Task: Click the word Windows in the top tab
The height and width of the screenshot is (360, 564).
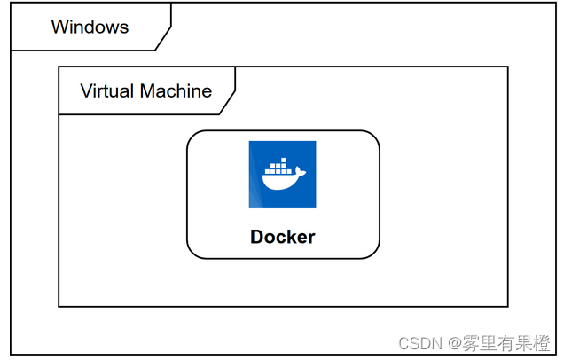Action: (x=90, y=27)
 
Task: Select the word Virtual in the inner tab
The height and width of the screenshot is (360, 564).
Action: (x=106, y=90)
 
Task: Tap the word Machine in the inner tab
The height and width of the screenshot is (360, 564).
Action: (x=175, y=90)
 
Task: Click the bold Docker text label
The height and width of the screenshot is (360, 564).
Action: (x=282, y=237)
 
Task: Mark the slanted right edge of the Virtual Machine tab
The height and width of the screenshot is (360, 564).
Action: (x=228, y=101)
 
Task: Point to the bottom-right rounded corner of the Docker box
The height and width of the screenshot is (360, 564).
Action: (x=373, y=253)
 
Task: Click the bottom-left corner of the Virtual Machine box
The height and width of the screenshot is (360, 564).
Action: (x=59, y=306)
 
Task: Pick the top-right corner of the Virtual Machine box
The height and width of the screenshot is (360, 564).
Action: (x=507, y=67)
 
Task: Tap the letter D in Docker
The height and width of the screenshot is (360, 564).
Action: (x=257, y=237)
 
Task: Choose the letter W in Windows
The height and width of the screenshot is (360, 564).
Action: (x=59, y=27)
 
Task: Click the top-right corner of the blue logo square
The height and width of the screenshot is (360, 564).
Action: (x=315, y=142)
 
